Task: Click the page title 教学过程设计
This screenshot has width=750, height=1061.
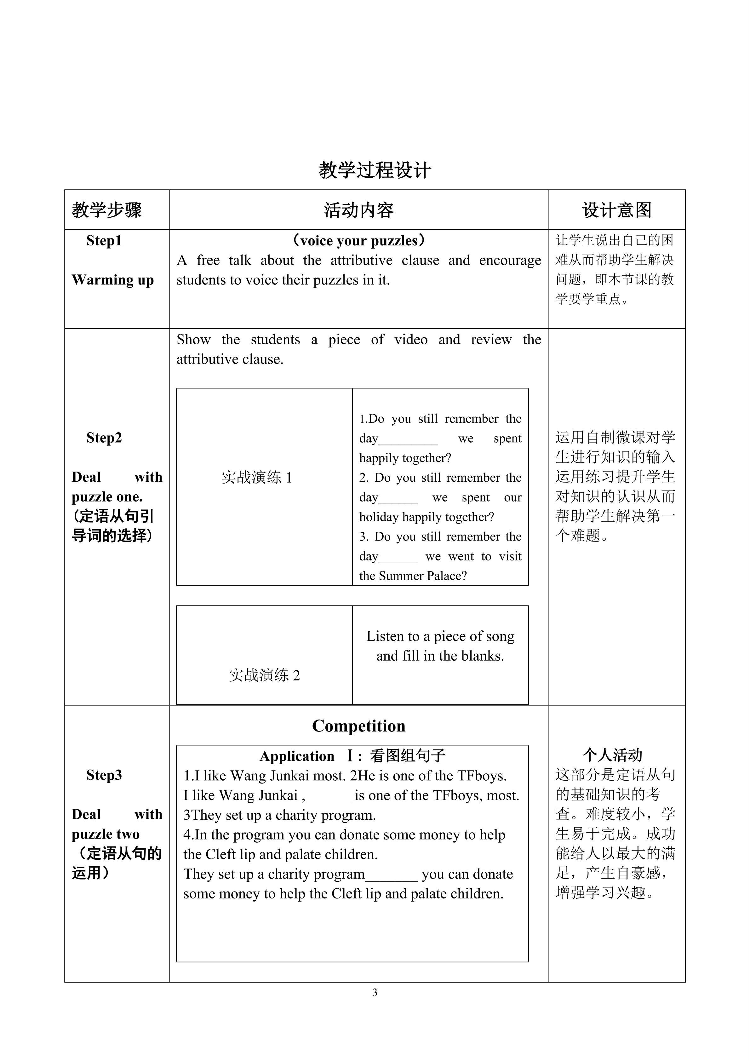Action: pos(375,170)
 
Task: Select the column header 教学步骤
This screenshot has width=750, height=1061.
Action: pos(107,210)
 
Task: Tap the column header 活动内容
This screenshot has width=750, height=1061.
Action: pos(358,210)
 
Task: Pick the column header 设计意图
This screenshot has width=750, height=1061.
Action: pos(616,210)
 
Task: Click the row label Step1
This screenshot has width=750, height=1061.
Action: pos(104,241)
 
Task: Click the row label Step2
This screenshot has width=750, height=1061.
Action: pos(104,438)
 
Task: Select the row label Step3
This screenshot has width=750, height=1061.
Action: pos(104,775)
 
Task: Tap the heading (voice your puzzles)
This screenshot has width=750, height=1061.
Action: pos(358,241)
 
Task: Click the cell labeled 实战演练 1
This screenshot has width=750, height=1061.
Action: pos(257,477)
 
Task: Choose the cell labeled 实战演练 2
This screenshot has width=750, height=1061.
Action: pos(264,675)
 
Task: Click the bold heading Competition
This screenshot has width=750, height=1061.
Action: pos(358,726)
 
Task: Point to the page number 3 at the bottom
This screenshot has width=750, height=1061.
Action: pos(375,992)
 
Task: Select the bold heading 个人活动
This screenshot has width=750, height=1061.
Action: pos(612,755)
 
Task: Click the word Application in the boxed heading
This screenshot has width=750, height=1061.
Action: pos(297,756)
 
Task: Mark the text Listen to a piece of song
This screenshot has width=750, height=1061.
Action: pos(440,636)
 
